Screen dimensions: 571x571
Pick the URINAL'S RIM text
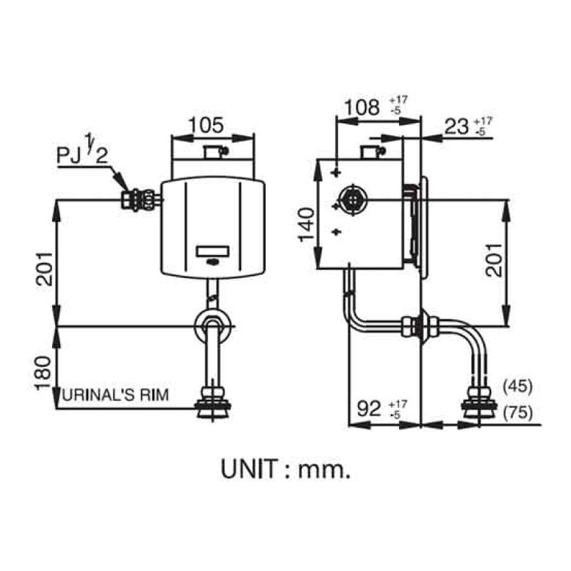(116, 395)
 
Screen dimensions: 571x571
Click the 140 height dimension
(306, 223)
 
